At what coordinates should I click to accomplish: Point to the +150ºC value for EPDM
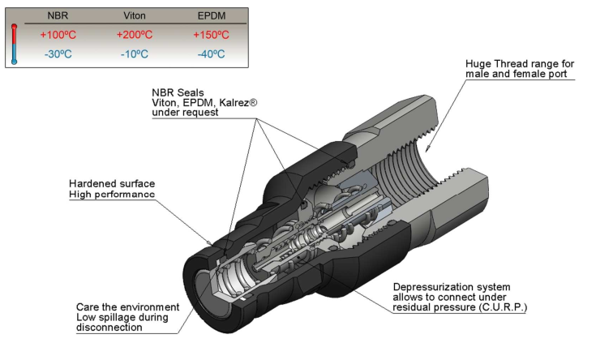tap(212, 35)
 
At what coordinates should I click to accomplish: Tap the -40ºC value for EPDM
tap(212, 54)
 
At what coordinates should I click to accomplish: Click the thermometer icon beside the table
tap(15, 45)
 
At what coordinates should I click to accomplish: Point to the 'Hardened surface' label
tap(111, 183)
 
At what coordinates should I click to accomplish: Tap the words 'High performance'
tap(111, 195)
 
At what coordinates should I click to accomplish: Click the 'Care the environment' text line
tap(127, 307)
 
